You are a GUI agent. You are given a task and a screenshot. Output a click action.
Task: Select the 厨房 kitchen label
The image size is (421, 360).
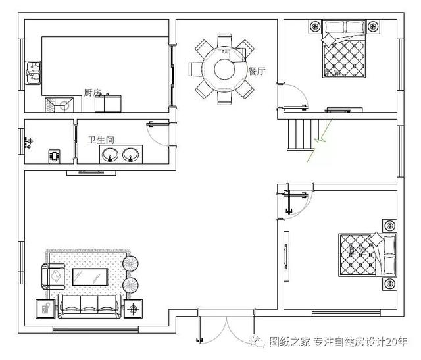point(92,92)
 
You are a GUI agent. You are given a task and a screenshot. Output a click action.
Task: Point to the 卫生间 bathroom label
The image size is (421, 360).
point(101,140)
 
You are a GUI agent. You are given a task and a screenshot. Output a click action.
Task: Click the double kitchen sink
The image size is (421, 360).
point(32,73)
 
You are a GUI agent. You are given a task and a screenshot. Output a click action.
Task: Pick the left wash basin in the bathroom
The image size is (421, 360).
point(109,155)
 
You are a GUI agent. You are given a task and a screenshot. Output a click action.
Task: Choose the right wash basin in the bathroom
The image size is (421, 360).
point(130,155)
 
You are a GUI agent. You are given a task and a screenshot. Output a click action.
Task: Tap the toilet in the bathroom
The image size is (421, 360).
point(53,157)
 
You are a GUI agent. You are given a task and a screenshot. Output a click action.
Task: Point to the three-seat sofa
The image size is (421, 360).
point(89,304)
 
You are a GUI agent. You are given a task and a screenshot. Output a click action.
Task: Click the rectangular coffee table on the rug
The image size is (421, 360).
point(89,277)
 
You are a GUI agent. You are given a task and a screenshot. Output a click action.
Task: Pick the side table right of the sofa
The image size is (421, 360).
point(135,308)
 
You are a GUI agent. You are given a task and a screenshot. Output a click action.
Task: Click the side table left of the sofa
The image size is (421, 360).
point(45,307)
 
